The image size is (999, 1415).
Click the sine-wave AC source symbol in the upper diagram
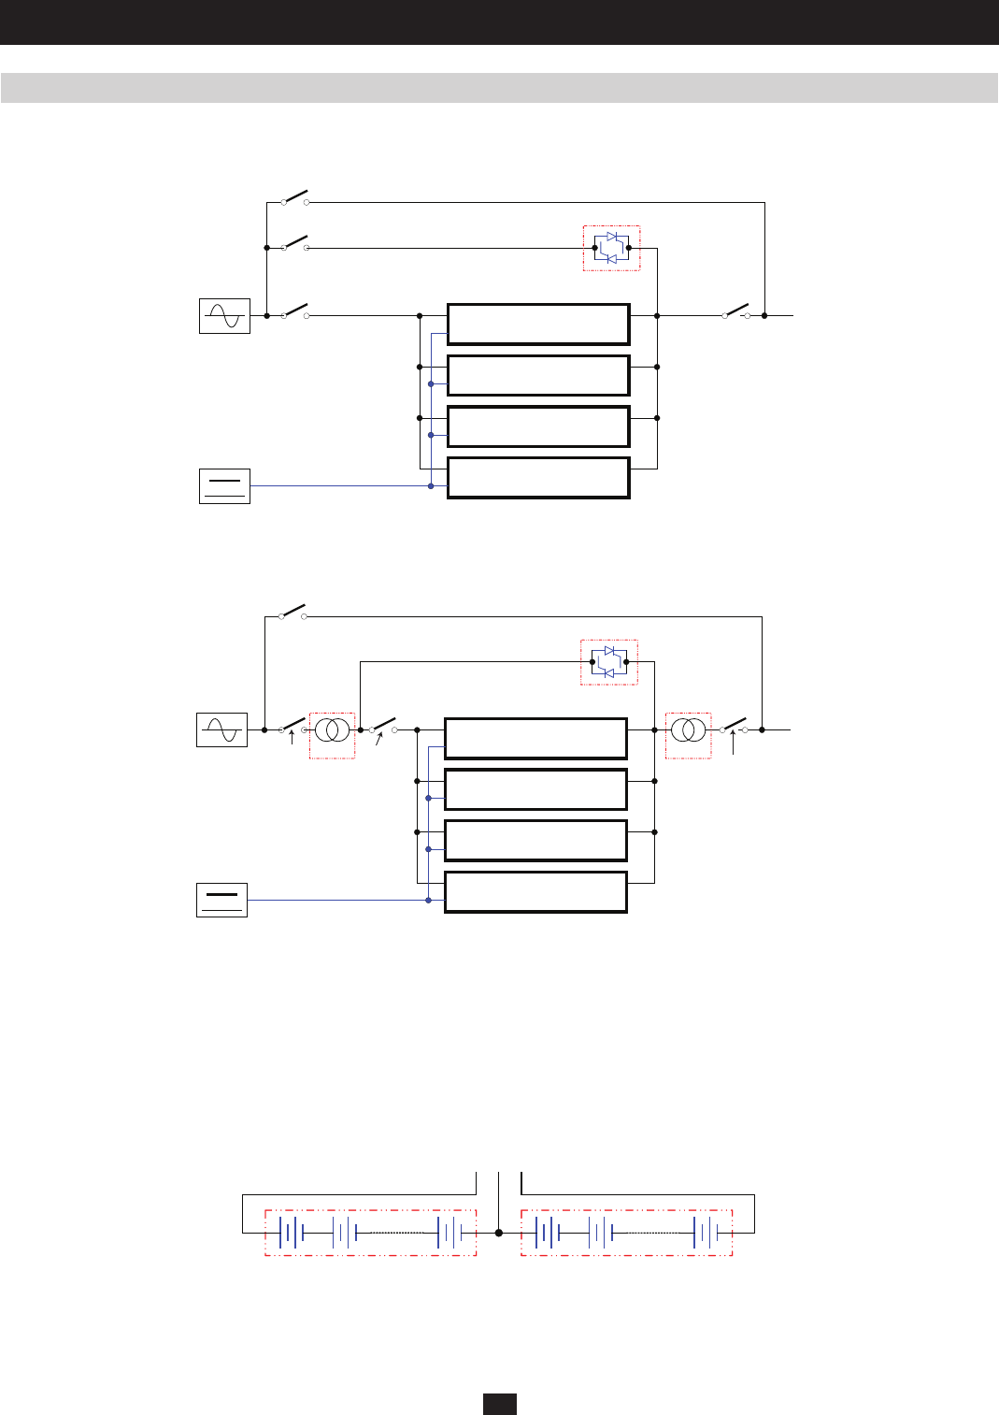pyautogui.click(x=224, y=316)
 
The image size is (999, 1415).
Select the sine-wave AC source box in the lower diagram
pyautogui.click(x=221, y=729)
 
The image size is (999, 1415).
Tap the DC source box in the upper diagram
pyautogui.click(x=224, y=486)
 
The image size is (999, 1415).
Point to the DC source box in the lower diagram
pyautogui.click(x=221, y=900)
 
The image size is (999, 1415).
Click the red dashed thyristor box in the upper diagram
pyautogui.click(x=611, y=248)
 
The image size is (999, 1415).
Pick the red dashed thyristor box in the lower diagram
pyautogui.click(x=609, y=662)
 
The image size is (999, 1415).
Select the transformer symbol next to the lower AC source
pyautogui.click(x=332, y=729)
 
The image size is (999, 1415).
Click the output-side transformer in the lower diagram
pyautogui.click(x=688, y=729)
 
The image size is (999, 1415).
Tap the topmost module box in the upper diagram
pyautogui.click(x=538, y=325)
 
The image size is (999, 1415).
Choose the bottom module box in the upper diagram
pyautogui.click(x=538, y=478)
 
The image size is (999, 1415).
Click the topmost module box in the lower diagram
pyautogui.click(x=535, y=739)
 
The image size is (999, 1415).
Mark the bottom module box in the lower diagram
pyautogui.click(x=535, y=892)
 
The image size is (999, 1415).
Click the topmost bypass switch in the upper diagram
pyautogui.click(x=294, y=198)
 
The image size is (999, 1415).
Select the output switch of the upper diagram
pyautogui.click(x=736, y=311)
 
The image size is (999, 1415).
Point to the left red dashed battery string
pyautogui.click(x=370, y=1233)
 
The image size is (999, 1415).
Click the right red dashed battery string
pyautogui.click(x=626, y=1233)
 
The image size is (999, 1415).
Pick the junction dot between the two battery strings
pyautogui.click(x=499, y=1233)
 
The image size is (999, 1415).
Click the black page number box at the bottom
pyautogui.click(x=499, y=1404)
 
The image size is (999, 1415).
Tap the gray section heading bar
pyautogui.click(x=499, y=88)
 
